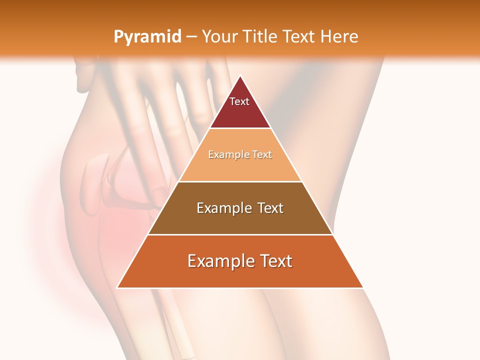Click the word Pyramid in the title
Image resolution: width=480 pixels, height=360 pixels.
tap(147, 36)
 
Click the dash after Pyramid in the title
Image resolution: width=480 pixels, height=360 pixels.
tap(191, 37)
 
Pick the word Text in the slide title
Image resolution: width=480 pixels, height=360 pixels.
tap(299, 36)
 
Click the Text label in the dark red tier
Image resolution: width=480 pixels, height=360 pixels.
tap(239, 101)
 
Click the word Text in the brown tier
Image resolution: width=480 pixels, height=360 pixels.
tap(269, 208)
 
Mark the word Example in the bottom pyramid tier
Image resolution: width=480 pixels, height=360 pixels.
tap(220, 261)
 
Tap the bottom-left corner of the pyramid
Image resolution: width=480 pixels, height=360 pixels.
tap(117, 287)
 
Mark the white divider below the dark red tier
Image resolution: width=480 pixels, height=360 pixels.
tap(240, 128)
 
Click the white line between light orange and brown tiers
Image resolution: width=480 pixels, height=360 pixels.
tap(240, 181)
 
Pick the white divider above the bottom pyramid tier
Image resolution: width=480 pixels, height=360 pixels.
tap(240, 234)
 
